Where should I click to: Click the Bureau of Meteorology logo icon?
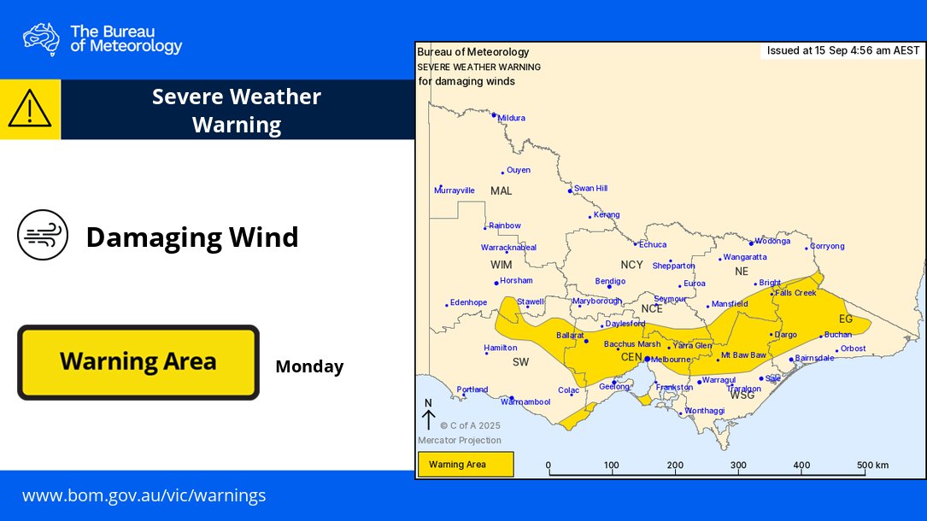[x=41, y=38]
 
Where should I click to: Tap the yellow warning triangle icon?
[x=30, y=109]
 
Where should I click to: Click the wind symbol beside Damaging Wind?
[x=42, y=235]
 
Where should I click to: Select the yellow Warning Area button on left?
[x=138, y=362]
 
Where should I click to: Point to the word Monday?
[x=309, y=367]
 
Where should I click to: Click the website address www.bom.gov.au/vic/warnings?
[x=144, y=495]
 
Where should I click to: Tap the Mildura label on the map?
[x=511, y=118]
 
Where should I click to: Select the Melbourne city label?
[x=671, y=360]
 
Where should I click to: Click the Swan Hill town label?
[x=590, y=188]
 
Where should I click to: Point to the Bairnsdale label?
[x=814, y=358]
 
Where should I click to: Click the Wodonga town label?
[x=772, y=241]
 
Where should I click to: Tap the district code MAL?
[x=501, y=190]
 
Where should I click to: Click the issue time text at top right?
[x=842, y=50]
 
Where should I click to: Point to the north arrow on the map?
[x=429, y=416]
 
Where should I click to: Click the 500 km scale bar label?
[x=872, y=465]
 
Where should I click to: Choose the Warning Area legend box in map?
[x=466, y=465]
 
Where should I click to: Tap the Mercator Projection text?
[x=459, y=441]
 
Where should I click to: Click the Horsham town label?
[x=516, y=280]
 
